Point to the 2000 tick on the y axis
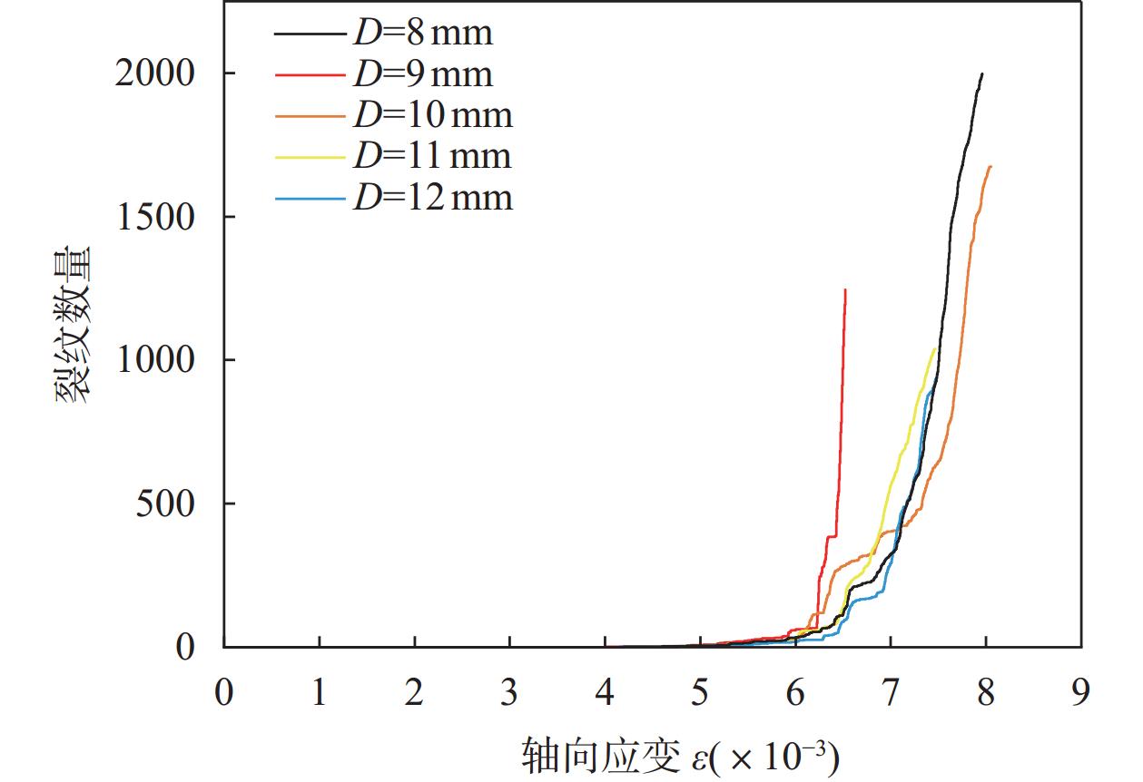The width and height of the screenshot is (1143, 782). [155, 73]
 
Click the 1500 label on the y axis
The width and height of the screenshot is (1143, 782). [155, 217]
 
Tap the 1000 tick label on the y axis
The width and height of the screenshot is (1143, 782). [155, 360]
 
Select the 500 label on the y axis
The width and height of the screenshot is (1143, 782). [165, 503]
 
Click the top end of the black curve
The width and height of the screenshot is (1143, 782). [982, 73]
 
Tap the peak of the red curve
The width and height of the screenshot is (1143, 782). [845, 290]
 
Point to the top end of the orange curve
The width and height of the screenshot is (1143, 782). [990, 166]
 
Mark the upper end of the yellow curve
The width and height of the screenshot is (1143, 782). [935, 348]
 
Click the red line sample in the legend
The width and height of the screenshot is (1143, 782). [310, 74]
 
